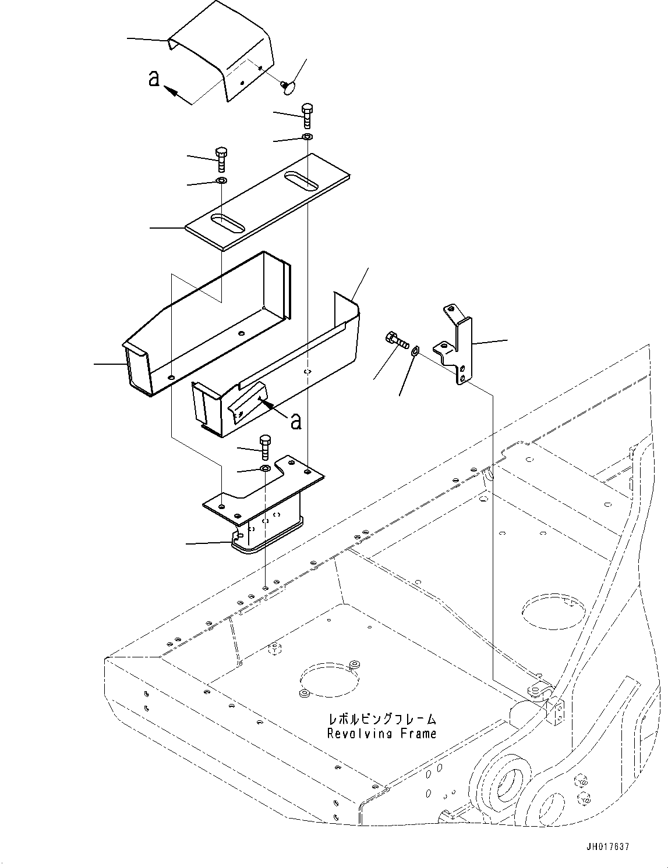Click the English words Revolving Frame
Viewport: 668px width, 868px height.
[x=382, y=734]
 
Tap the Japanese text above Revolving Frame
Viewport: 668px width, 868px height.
[x=382, y=720]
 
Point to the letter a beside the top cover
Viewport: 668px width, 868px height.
[x=154, y=79]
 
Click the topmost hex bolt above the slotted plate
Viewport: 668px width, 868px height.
[x=307, y=115]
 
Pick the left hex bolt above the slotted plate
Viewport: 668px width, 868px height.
[x=221, y=159]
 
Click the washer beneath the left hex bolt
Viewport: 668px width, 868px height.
[x=221, y=180]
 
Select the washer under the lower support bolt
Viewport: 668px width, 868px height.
[x=265, y=468]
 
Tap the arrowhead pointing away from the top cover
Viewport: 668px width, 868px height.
[x=171, y=91]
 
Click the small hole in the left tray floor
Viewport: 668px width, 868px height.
[x=241, y=333]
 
